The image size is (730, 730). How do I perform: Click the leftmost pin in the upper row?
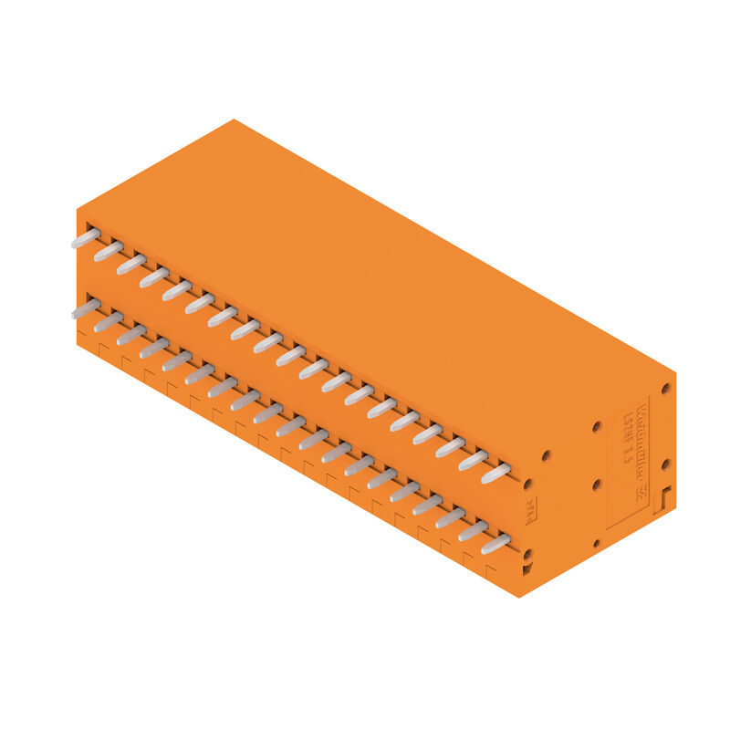[x=86, y=238]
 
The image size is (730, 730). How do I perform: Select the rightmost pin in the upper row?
[x=495, y=473]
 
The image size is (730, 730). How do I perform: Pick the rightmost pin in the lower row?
[x=495, y=544]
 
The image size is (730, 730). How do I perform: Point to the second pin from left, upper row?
[x=109, y=251]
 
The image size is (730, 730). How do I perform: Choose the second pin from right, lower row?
[x=473, y=530]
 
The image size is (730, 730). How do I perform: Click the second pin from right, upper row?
[x=473, y=460]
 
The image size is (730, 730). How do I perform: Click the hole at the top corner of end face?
[x=666, y=388]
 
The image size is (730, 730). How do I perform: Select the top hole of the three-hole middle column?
[x=597, y=426]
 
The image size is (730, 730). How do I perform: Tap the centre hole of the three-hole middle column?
[x=597, y=485]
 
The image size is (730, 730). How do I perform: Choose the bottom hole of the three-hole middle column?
[x=597, y=544]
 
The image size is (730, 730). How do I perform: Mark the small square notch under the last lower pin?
[x=527, y=570]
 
